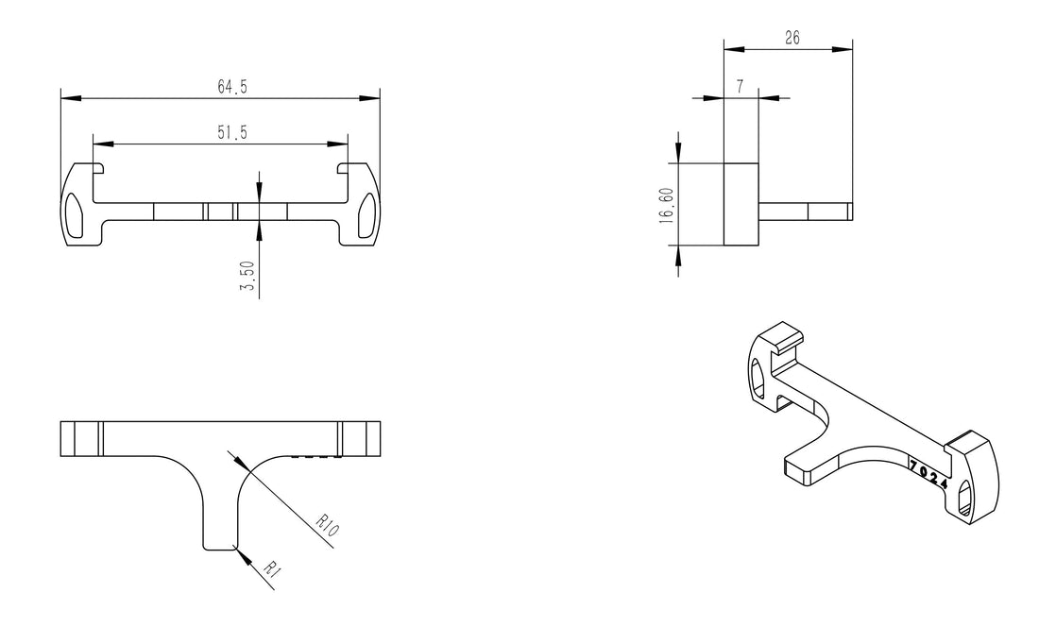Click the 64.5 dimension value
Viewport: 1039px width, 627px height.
pos(232,87)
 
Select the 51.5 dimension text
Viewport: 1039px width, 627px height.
pos(232,134)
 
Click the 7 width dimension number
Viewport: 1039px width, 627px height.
pos(740,86)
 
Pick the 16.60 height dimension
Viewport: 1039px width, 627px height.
pos(667,204)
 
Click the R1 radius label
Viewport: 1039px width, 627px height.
pos(271,568)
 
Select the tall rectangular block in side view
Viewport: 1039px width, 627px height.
pos(741,204)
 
